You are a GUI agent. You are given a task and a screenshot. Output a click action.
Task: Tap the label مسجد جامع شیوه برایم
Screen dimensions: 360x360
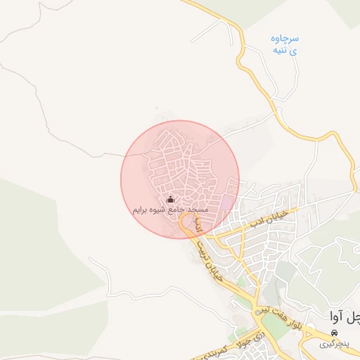coord(170,210)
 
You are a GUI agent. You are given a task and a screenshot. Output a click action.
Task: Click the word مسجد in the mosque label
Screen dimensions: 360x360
coord(199,210)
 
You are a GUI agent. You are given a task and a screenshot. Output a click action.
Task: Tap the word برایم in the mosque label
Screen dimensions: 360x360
coord(143,210)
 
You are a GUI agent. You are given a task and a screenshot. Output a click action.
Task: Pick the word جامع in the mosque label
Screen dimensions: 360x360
coord(180,210)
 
